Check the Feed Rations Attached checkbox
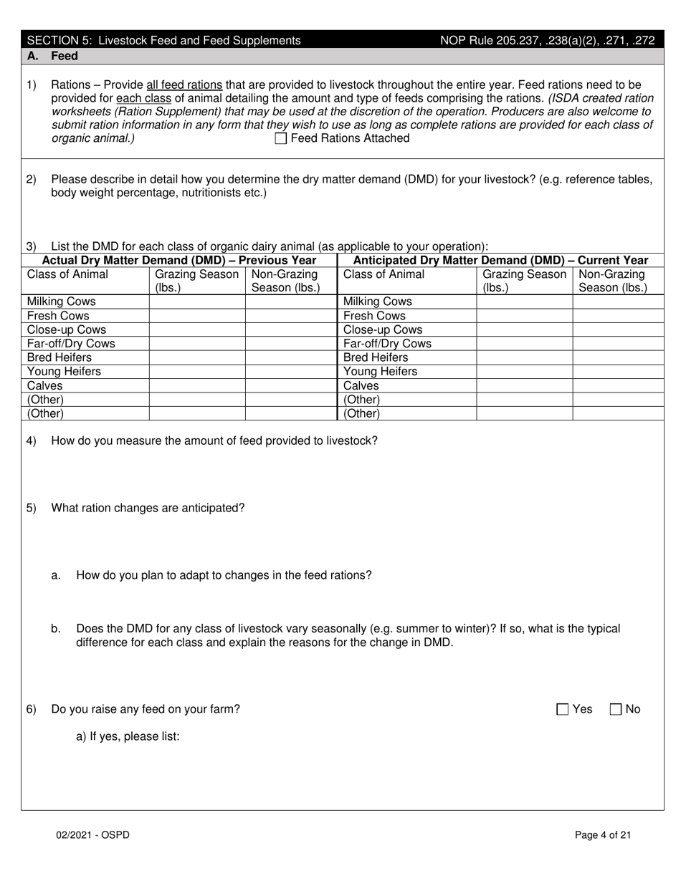(281, 139)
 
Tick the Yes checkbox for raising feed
(563, 710)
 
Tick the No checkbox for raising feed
(616, 710)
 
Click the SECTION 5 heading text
(163, 41)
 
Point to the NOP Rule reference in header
(547, 41)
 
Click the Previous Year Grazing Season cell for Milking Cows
(197, 302)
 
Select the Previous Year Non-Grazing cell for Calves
(291, 386)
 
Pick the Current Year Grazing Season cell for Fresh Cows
(524, 316)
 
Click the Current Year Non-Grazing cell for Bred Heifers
(618, 358)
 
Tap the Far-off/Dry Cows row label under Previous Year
(71, 344)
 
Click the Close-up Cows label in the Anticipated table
(383, 330)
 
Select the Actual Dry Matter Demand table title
(179, 261)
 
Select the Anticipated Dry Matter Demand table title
(500, 261)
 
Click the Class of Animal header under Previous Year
(67, 274)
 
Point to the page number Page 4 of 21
(603, 835)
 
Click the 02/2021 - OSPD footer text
(93, 835)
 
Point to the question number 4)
(32, 441)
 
